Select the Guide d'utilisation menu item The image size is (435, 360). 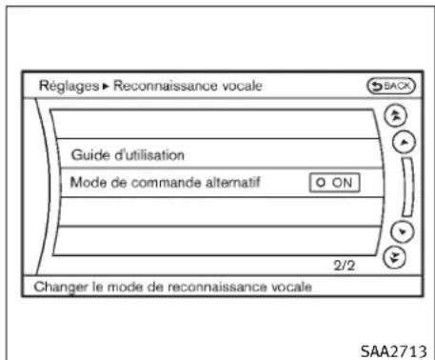129,153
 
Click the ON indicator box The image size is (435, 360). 334,183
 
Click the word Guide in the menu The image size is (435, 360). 89,153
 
